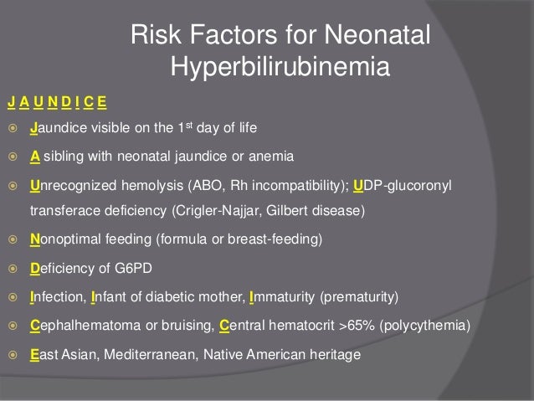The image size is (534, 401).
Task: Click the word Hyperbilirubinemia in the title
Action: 280,65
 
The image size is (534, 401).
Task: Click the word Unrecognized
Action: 71,184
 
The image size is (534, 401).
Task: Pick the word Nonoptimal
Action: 65,239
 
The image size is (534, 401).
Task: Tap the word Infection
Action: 58,297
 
